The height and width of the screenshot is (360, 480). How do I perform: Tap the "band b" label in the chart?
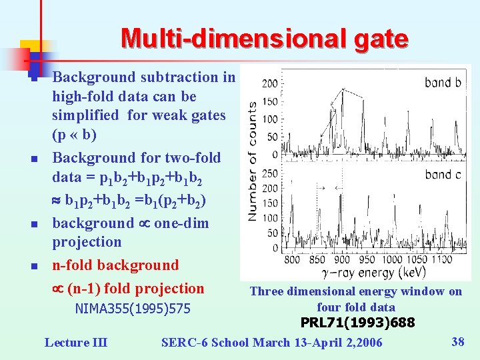(x=443, y=83)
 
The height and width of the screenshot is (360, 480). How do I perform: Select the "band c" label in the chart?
(x=443, y=175)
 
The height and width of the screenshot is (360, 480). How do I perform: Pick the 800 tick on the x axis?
(x=292, y=260)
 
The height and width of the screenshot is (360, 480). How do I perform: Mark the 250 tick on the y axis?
(x=270, y=173)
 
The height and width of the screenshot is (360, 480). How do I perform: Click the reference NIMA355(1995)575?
(x=133, y=309)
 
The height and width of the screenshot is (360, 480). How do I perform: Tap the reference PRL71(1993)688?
(x=357, y=323)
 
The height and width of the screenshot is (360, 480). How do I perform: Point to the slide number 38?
(x=458, y=342)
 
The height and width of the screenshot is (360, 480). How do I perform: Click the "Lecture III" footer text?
(x=75, y=343)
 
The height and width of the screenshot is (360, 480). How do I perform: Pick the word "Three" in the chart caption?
(x=265, y=291)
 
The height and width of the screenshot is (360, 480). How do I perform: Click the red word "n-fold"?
(x=73, y=265)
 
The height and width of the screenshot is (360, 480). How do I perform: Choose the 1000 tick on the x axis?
(x=392, y=260)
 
